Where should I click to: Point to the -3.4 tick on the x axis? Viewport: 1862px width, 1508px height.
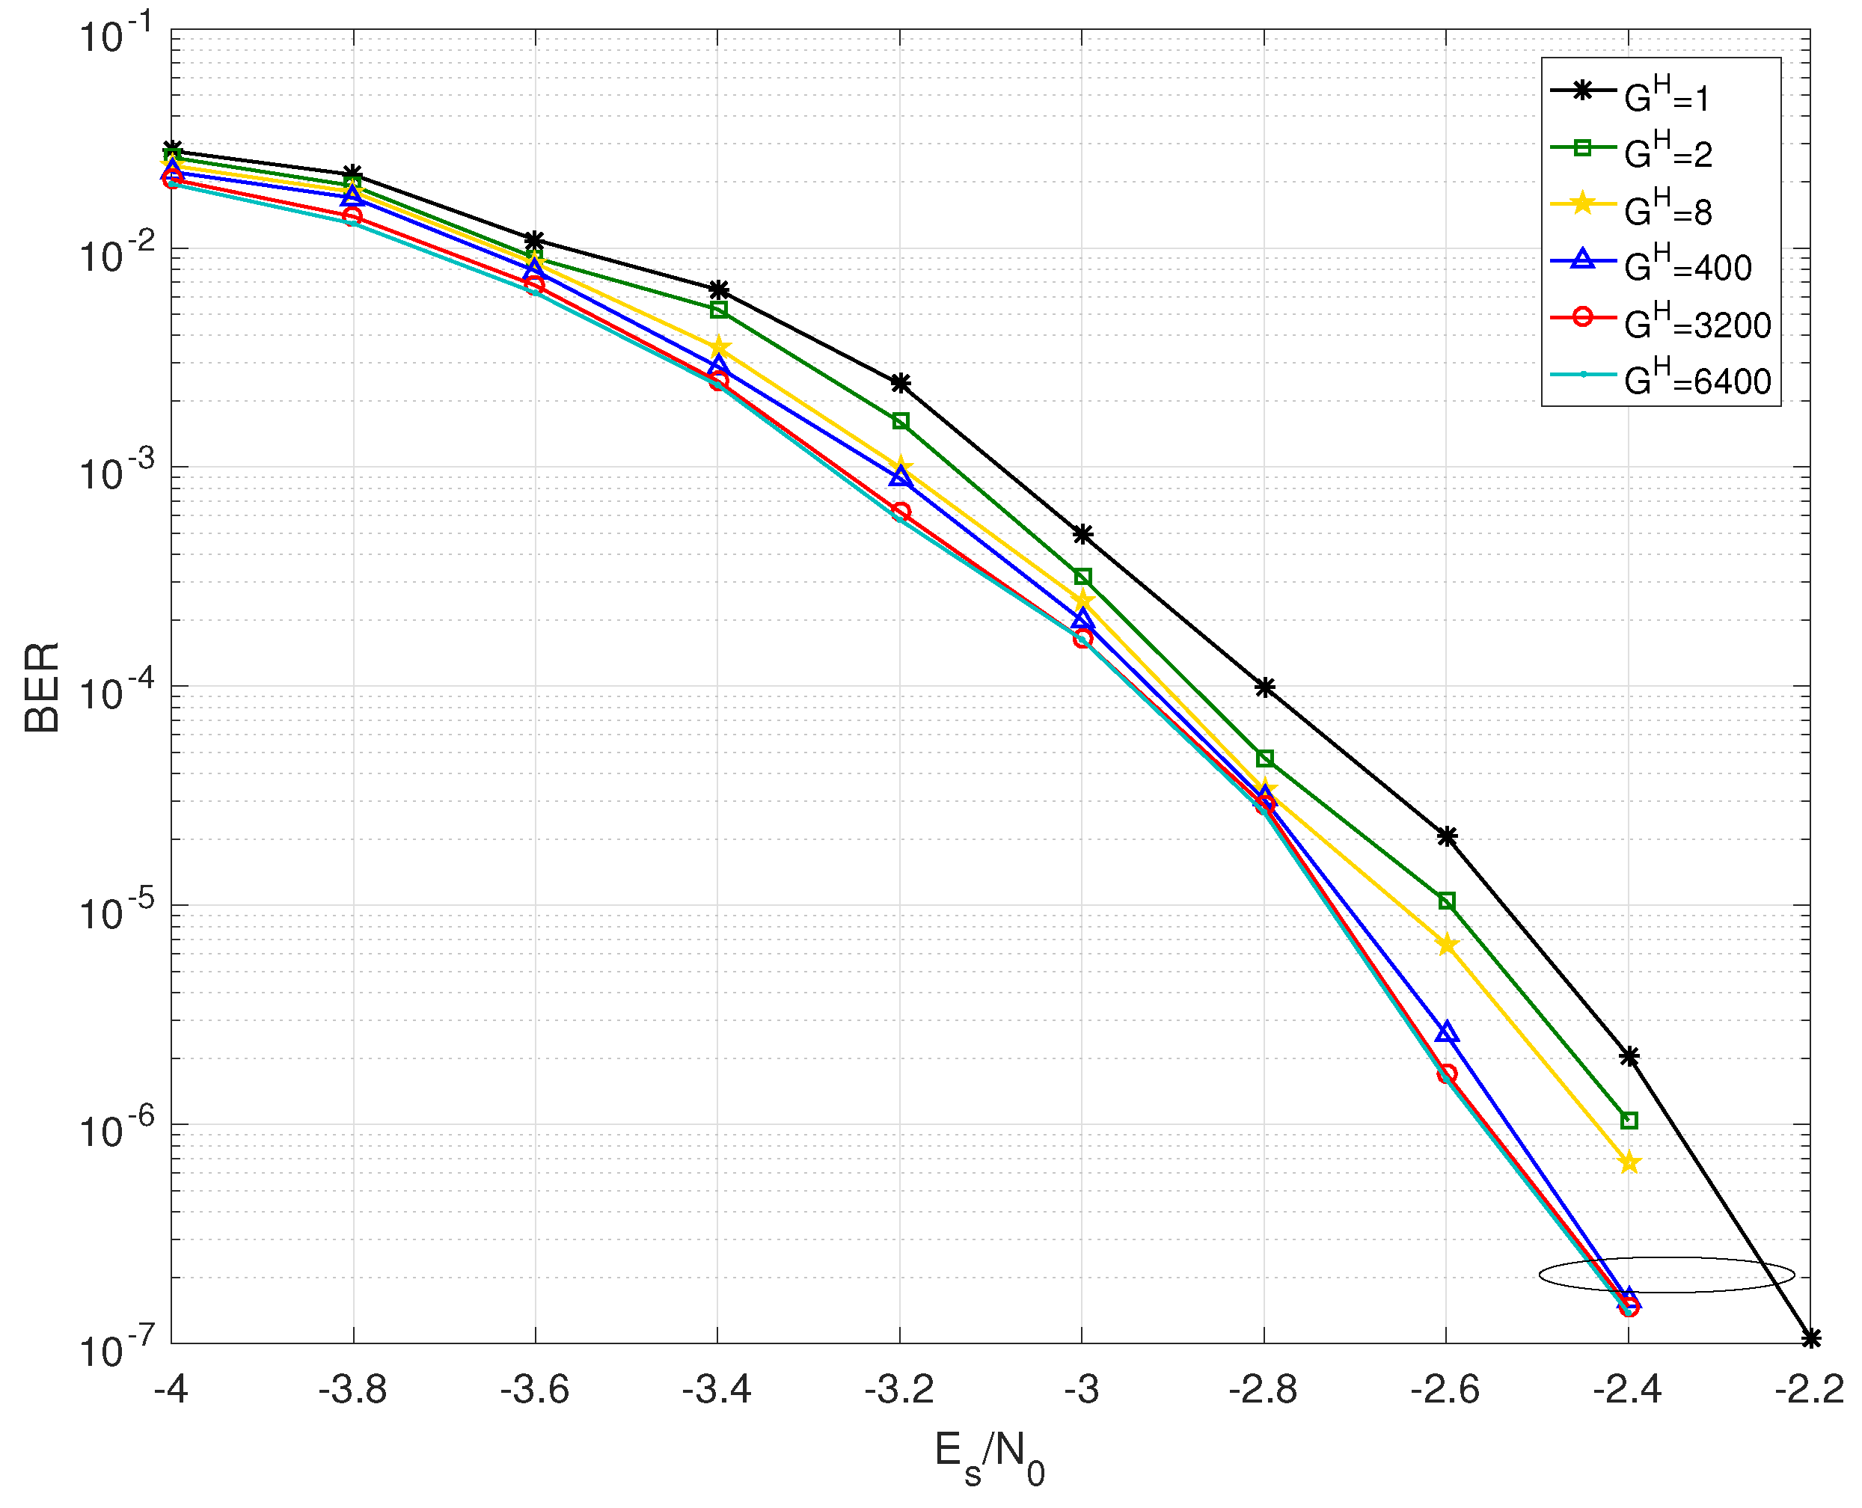(717, 1391)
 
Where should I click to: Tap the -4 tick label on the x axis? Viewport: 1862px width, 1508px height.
(171, 1391)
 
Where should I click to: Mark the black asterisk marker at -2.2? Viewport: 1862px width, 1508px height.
(1810, 1339)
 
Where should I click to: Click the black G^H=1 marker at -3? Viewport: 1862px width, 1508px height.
(1082, 534)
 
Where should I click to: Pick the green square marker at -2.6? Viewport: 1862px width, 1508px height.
(1447, 901)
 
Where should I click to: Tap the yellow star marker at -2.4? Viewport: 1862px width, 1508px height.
(1629, 1162)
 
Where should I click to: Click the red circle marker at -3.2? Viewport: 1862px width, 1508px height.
(901, 512)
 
